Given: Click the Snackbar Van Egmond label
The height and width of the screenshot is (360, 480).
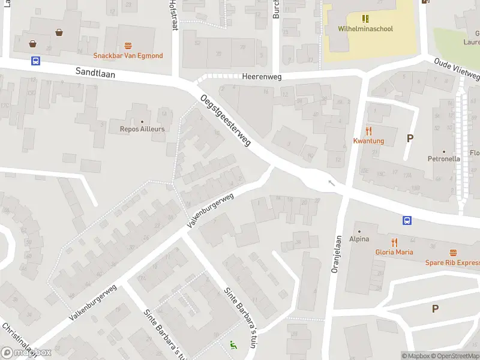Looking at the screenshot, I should click(x=128, y=56).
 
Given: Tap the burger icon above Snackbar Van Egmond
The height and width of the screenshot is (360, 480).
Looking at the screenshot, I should click(x=128, y=46).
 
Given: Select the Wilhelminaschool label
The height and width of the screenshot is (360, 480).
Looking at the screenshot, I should click(x=365, y=28).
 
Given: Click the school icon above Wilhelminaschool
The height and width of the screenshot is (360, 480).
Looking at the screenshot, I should click(x=365, y=19).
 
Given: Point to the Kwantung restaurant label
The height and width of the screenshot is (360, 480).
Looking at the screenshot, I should click(x=368, y=141).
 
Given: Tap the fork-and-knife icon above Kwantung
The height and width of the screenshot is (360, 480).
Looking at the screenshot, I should click(x=368, y=131).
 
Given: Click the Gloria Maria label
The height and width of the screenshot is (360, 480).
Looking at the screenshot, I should click(x=394, y=252).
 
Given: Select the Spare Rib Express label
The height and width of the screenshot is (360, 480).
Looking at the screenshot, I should click(x=452, y=263).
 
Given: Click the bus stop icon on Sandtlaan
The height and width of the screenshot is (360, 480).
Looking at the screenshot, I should click(x=35, y=61).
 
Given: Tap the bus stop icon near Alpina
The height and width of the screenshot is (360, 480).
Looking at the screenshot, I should click(x=407, y=220).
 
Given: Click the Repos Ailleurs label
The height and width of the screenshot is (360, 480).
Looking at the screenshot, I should click(x=142, y=128).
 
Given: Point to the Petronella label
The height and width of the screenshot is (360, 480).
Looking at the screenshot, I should click(x=443, y=159).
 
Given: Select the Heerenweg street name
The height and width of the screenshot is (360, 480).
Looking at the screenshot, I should click(x=262, y=77).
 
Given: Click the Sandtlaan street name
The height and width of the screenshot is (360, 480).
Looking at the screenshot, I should click(x=95, y=72).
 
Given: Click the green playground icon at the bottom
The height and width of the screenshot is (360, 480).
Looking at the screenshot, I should click(x=232, y=345).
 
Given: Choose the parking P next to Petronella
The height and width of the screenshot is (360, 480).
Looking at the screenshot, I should click(x=410, y=138).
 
